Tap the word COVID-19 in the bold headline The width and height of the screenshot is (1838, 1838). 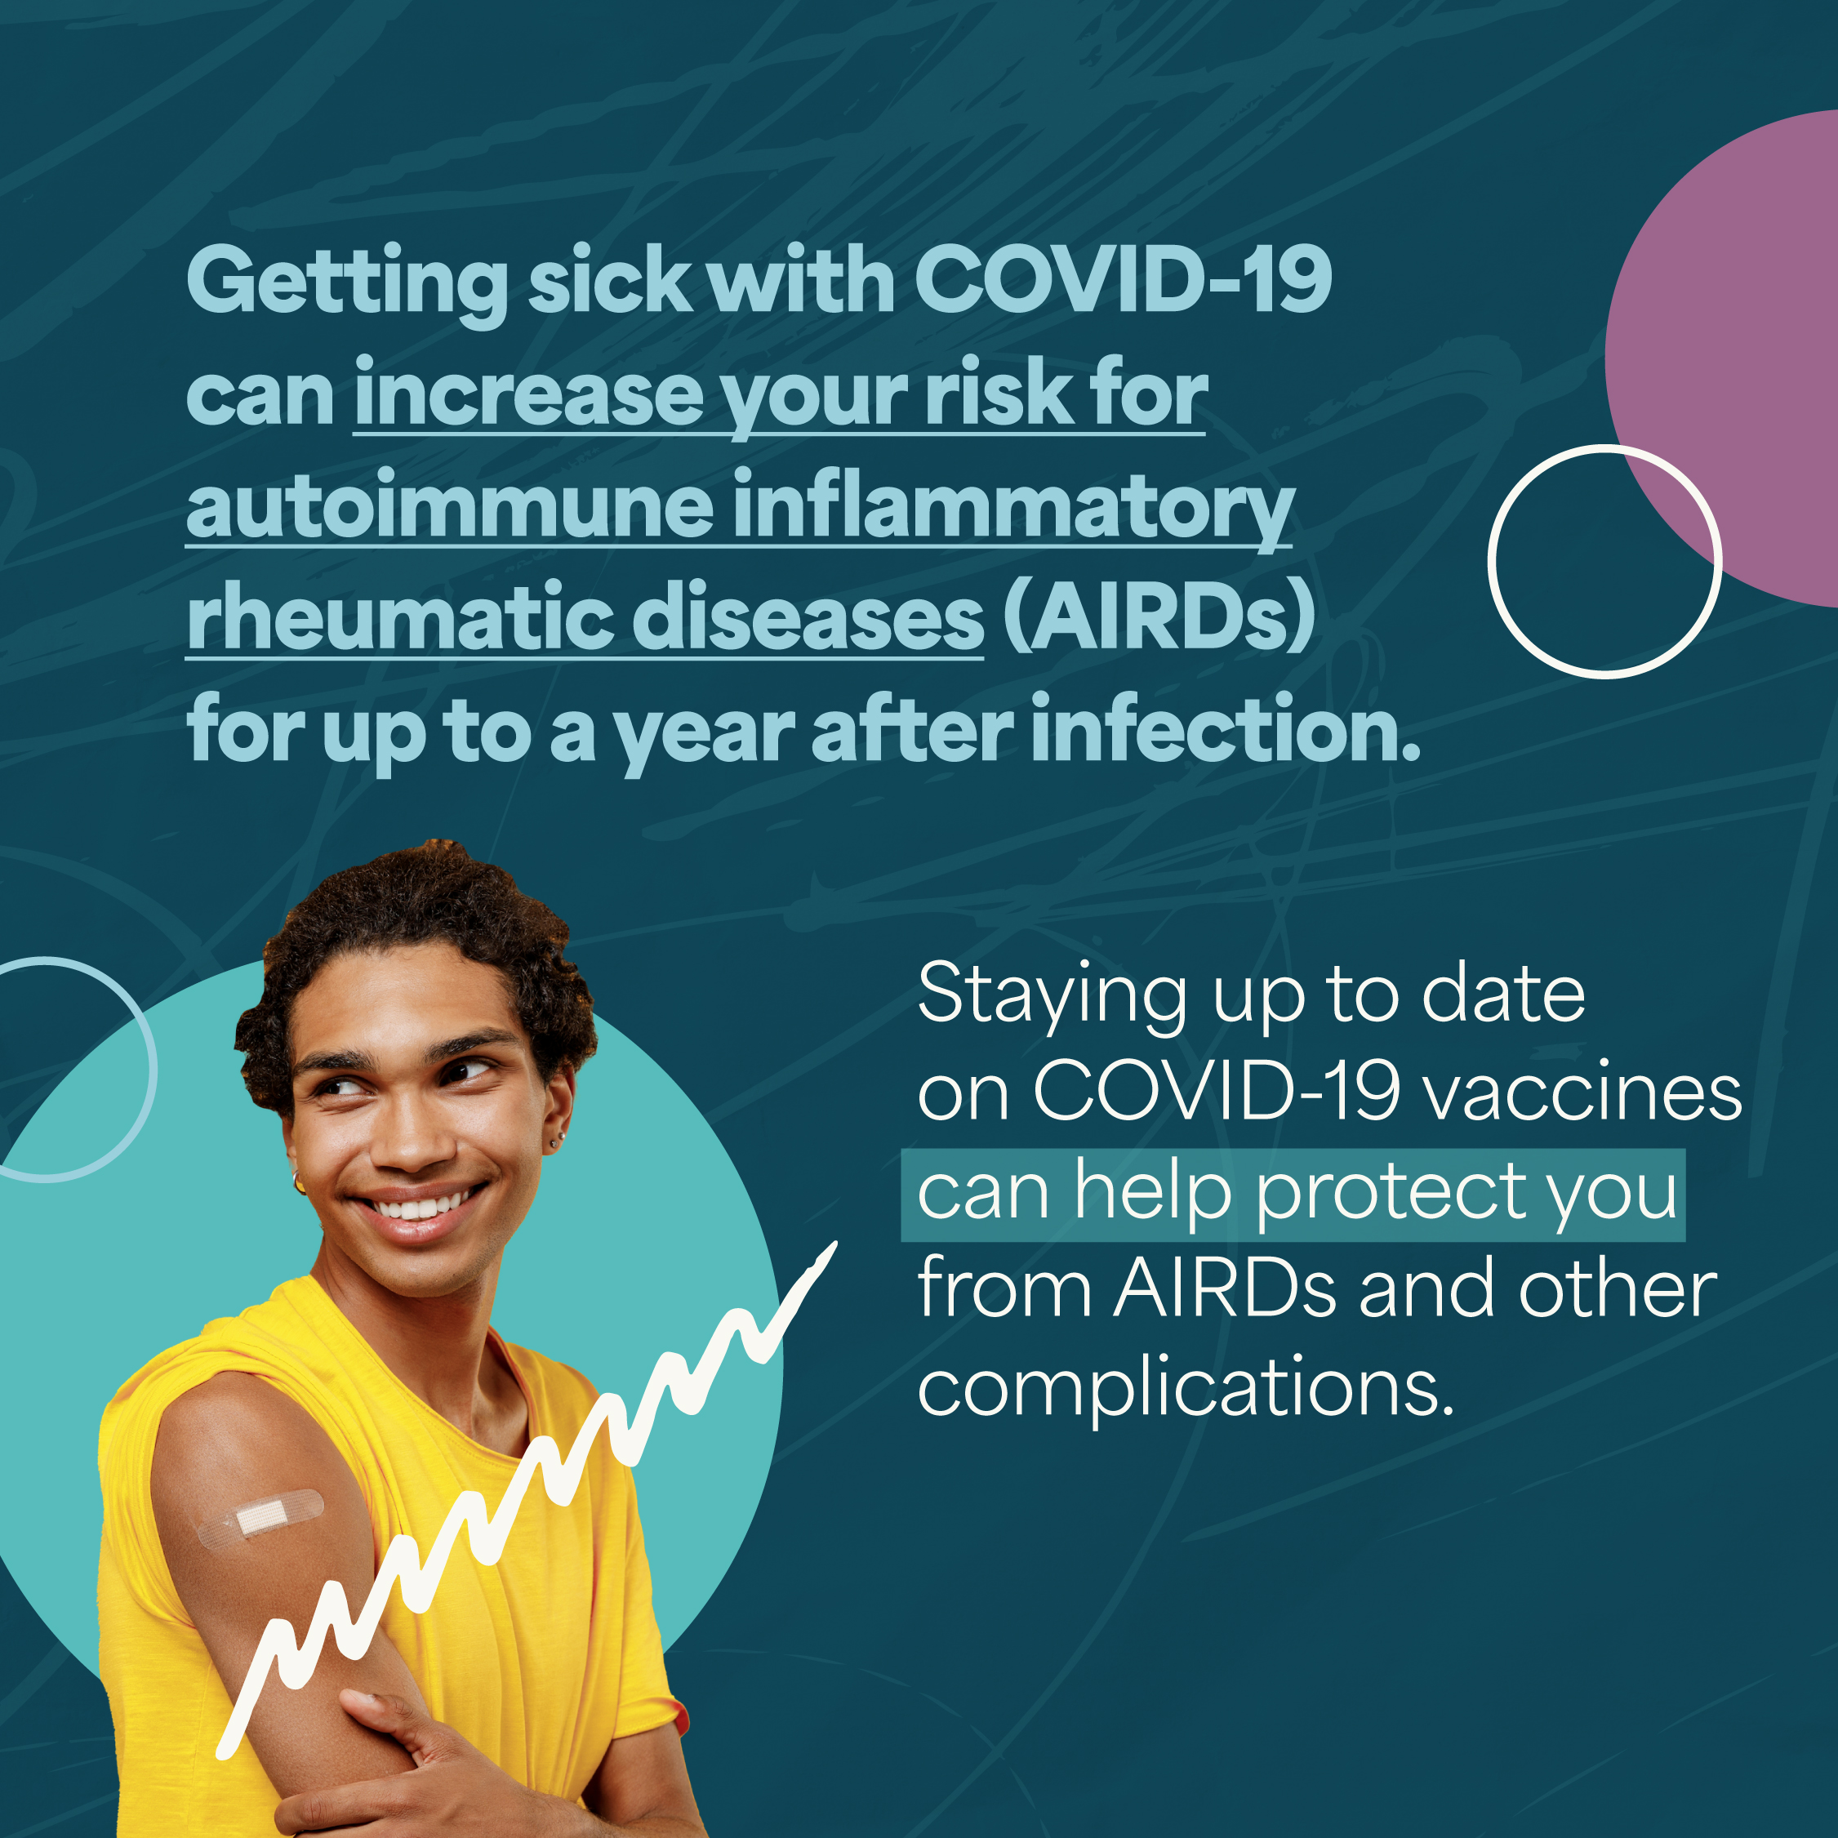1122,281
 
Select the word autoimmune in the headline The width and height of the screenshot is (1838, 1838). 449,507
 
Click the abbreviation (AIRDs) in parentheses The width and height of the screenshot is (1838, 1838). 1159,618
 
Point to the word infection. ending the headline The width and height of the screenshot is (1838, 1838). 1226,731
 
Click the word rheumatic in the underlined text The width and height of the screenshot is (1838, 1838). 399,618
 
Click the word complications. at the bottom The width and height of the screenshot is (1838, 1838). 1186,1389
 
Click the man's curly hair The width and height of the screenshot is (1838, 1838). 419,904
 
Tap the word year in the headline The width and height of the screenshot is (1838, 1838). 704,732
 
